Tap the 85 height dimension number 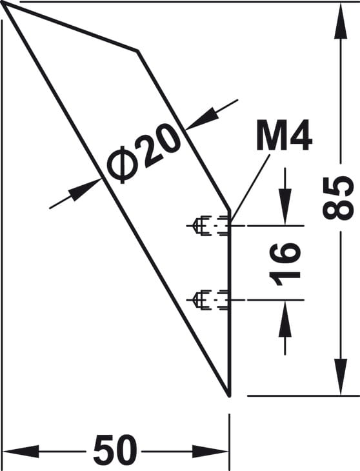click(337, 198)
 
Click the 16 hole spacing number click(285, 264)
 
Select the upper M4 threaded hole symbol click(209, 225)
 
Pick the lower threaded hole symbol click(209, 300)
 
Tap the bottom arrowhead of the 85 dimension click(341, 377)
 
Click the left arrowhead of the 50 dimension click(21, 452)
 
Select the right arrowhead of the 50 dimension click(210, 452)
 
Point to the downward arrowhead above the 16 click(285, 206)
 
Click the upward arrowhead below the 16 click(285, 319)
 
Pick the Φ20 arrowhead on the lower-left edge click(85, 190)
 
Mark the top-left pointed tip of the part click(3, 5)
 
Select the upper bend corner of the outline click(137, 50)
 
